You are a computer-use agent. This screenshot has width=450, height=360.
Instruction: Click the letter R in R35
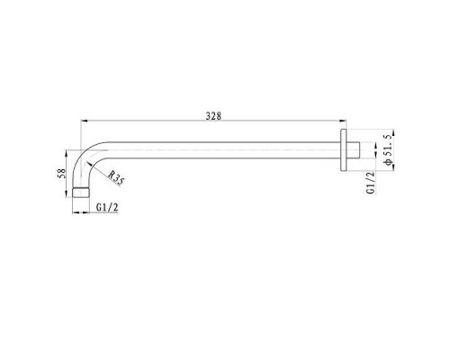click(x=109, y=175)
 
